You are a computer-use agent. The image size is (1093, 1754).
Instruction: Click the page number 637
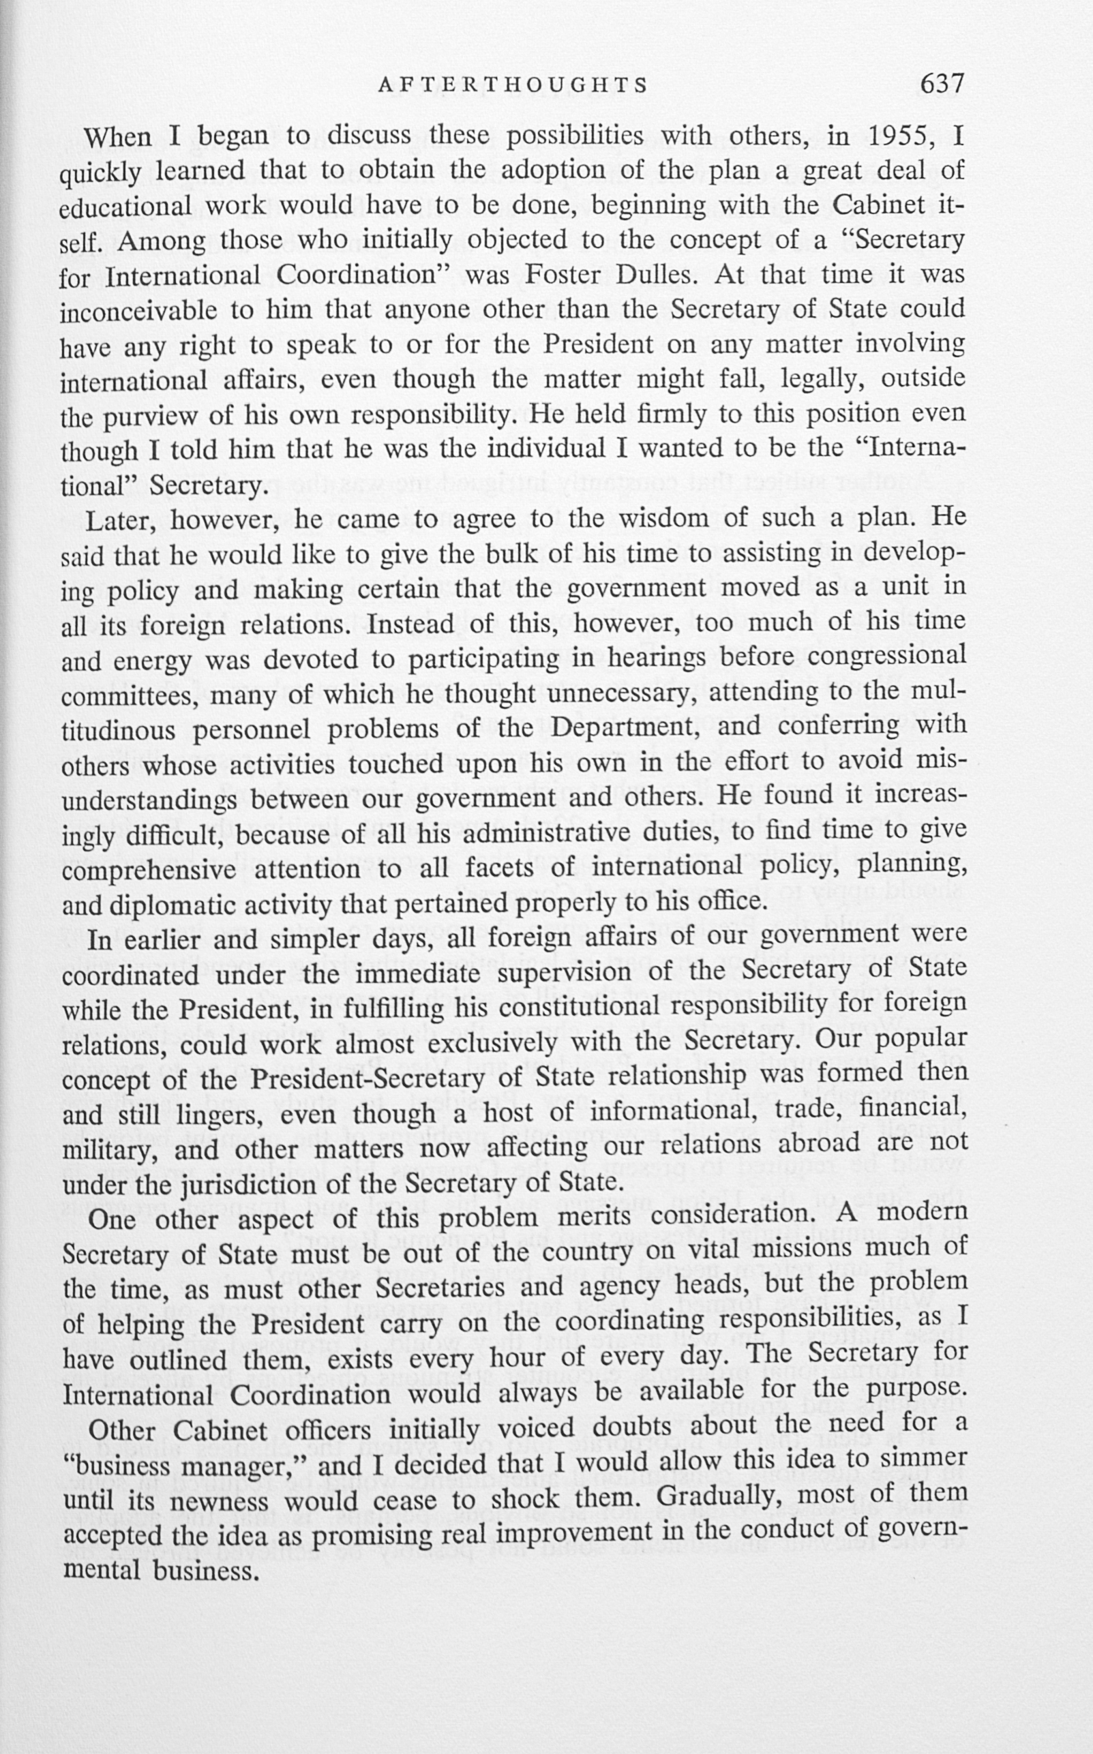(942, 84)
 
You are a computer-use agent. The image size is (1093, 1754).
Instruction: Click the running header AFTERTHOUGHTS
(513, 86)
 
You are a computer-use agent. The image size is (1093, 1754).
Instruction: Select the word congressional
(886, 656)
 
